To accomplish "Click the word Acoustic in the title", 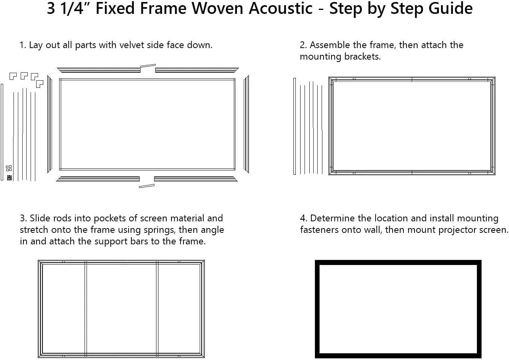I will (x=281, y=9).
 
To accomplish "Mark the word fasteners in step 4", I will (x=320, y=230).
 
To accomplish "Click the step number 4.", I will (x=303, y=218).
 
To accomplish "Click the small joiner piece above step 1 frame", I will (x=148, y=66).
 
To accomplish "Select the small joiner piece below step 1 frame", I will (x=147, y=186).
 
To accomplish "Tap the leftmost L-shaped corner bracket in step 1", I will (x=13, y=76).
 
